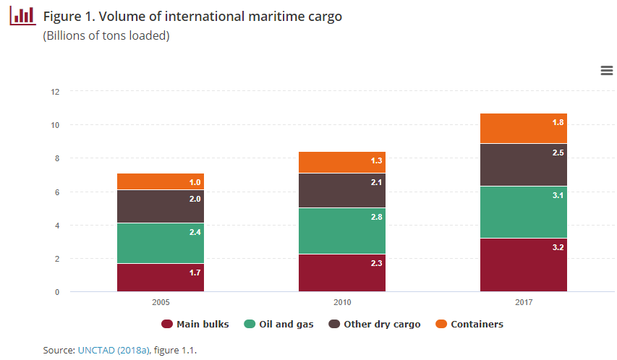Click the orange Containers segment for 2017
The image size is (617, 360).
[x=523, y=129]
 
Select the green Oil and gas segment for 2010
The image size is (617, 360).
[x=341, y=231]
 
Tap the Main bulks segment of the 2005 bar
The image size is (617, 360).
[x=160, y=278]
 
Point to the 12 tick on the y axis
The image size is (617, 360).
[x=55, y=92]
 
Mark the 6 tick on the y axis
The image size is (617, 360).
[x=55, y=192]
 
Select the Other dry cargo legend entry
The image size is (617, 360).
[x=375, y=324]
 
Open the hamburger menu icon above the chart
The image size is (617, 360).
[x=607, y=70]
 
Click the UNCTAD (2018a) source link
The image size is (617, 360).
[x=113, y=350]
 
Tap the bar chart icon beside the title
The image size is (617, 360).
[x=22, y=14]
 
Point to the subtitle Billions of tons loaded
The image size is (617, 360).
[x=106, y=35]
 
